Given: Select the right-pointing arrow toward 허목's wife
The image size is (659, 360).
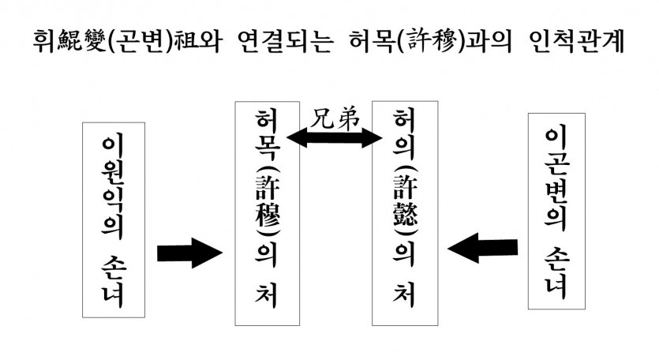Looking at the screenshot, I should [x=190, y=253].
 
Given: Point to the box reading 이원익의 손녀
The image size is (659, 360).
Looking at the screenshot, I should [x=114, y=219].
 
